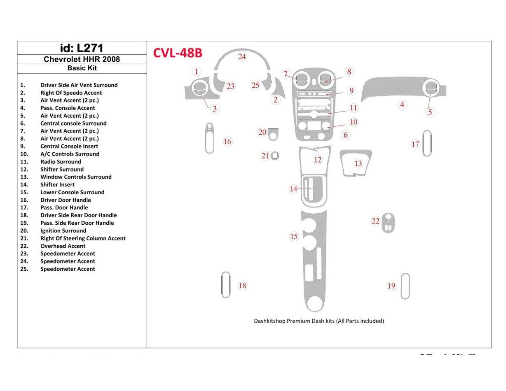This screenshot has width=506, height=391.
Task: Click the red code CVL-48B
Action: pos(178,53)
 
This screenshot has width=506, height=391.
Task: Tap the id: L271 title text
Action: pos(82,48)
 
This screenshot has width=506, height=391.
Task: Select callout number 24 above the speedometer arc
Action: pos(242,57)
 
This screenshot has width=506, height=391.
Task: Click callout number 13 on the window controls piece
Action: pos(358,163)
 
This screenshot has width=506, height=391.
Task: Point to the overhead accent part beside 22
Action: pos(387,223)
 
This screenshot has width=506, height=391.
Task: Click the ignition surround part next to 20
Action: pos(273,134)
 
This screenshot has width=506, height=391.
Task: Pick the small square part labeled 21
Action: pos(275,156)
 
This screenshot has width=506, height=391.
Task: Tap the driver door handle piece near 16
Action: pos(209,138)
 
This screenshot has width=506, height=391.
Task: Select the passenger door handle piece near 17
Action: pos(427,143)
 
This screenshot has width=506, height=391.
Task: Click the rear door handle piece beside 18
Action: pos(225,285)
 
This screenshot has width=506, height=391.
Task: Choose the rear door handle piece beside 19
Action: pos(405,286)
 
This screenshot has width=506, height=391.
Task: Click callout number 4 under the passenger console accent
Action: pos(402,105)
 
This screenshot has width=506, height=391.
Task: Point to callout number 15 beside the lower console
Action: pos(293,237)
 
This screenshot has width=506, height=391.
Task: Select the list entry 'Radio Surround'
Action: pos(61,162)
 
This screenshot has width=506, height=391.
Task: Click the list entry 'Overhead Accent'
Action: pos(63,246)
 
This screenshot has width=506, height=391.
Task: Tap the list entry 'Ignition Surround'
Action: pos(63,231)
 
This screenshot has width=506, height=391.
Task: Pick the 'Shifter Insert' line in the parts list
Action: pos(57,185)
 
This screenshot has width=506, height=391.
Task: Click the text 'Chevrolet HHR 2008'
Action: pos(82,59)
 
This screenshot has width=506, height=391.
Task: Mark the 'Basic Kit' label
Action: pos(82,68)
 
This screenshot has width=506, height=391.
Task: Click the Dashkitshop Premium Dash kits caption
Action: pos(319,321)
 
